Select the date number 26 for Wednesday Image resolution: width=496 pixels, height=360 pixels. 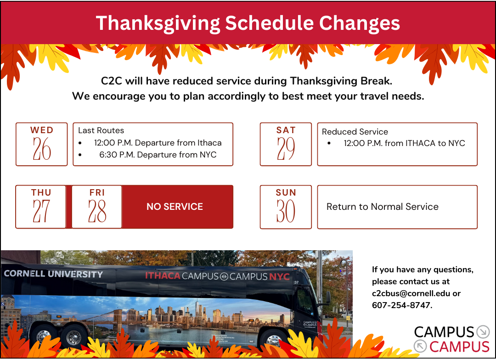pyautogui.click(x=42, y=149)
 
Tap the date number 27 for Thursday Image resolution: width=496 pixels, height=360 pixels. pyautogui.click(x=41, y=212)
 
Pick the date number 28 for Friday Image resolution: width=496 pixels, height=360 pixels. pyautogui.click(x=97, y=212)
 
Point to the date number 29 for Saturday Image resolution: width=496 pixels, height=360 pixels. pyautogui.click(x=286, y=149)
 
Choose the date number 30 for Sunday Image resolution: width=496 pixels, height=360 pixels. pyautogui.click(x=286, y=212)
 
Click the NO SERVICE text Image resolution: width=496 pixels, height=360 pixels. pyautogui.click(x=175, y=207)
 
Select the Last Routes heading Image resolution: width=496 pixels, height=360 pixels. pyautogui.click(x=101, y=130)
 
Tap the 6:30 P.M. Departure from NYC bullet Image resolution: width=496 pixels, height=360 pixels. pyautogui.click(x=158, y=155)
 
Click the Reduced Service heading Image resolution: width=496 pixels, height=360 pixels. pyautogui.click(x=355, y=132)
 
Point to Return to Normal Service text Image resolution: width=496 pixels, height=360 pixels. pyautogui.click(x=382, y=207)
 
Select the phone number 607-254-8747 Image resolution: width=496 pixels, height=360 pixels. pyautogui.click(x=401, y=305)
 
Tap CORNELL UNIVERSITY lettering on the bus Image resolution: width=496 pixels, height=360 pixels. pyautogui.click(x=53, y=274)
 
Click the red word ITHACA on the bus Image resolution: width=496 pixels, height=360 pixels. pyautogui.click(x=163, y=276)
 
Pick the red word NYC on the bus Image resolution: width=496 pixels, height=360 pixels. pyautogui.click(x=279, y=276)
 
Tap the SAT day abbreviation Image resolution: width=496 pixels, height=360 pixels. pyautogui.click(x=286, y=130)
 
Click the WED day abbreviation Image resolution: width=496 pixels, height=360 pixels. pyautogui.click(x=42, y=130)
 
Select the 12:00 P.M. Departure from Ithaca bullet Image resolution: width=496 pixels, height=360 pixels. pyautogui.click(x=158, y=143)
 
